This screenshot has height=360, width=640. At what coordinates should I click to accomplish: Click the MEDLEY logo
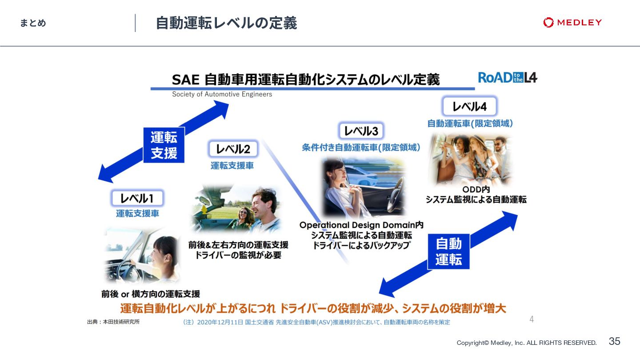click(572, 23)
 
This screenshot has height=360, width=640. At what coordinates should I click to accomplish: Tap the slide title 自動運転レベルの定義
click(226, 23)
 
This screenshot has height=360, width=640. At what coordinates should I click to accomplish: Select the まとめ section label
click(33, 23)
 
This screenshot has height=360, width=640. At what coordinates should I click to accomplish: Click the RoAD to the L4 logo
click(508, 78)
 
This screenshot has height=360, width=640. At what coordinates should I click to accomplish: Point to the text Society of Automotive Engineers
click(222, 94)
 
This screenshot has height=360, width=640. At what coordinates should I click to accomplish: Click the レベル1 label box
click(137, 198)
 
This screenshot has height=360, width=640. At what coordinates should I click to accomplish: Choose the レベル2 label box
click(233, 149)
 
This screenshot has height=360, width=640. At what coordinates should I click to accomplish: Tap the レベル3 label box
click(361, 131)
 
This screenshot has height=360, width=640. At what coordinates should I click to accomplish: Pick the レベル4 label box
click(469, 107)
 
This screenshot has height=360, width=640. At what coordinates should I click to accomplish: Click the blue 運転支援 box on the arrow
click(164, 145)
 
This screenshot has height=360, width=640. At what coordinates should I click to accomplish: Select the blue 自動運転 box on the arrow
click(448, 251)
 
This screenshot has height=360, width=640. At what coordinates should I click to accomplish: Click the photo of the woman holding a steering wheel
click(141, 256)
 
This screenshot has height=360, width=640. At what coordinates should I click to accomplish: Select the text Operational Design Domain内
click(361, 225)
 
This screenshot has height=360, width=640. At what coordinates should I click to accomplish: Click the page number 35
click(614, 341)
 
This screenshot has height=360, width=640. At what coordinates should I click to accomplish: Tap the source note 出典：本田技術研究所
click(113, 322)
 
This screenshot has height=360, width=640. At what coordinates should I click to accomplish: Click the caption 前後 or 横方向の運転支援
click(151, 294)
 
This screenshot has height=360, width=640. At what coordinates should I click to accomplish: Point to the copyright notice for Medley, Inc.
click(527, 343)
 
